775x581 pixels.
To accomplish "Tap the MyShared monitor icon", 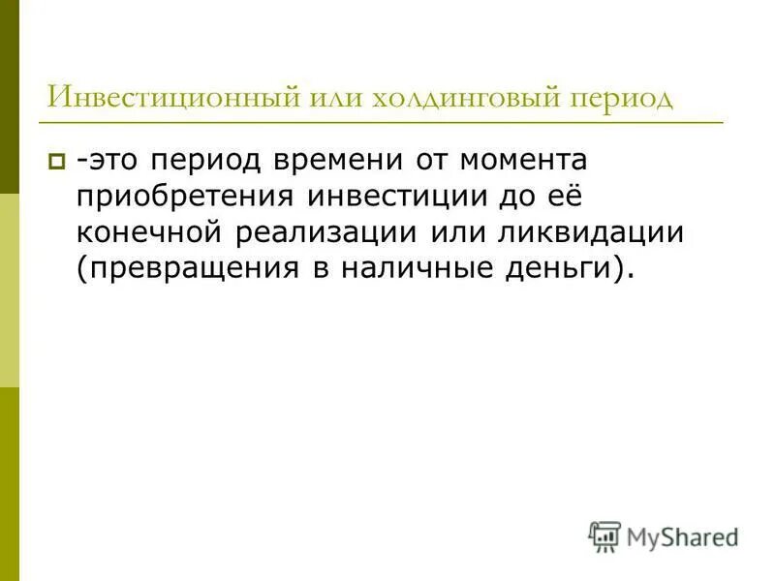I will (x=604, y=535).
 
